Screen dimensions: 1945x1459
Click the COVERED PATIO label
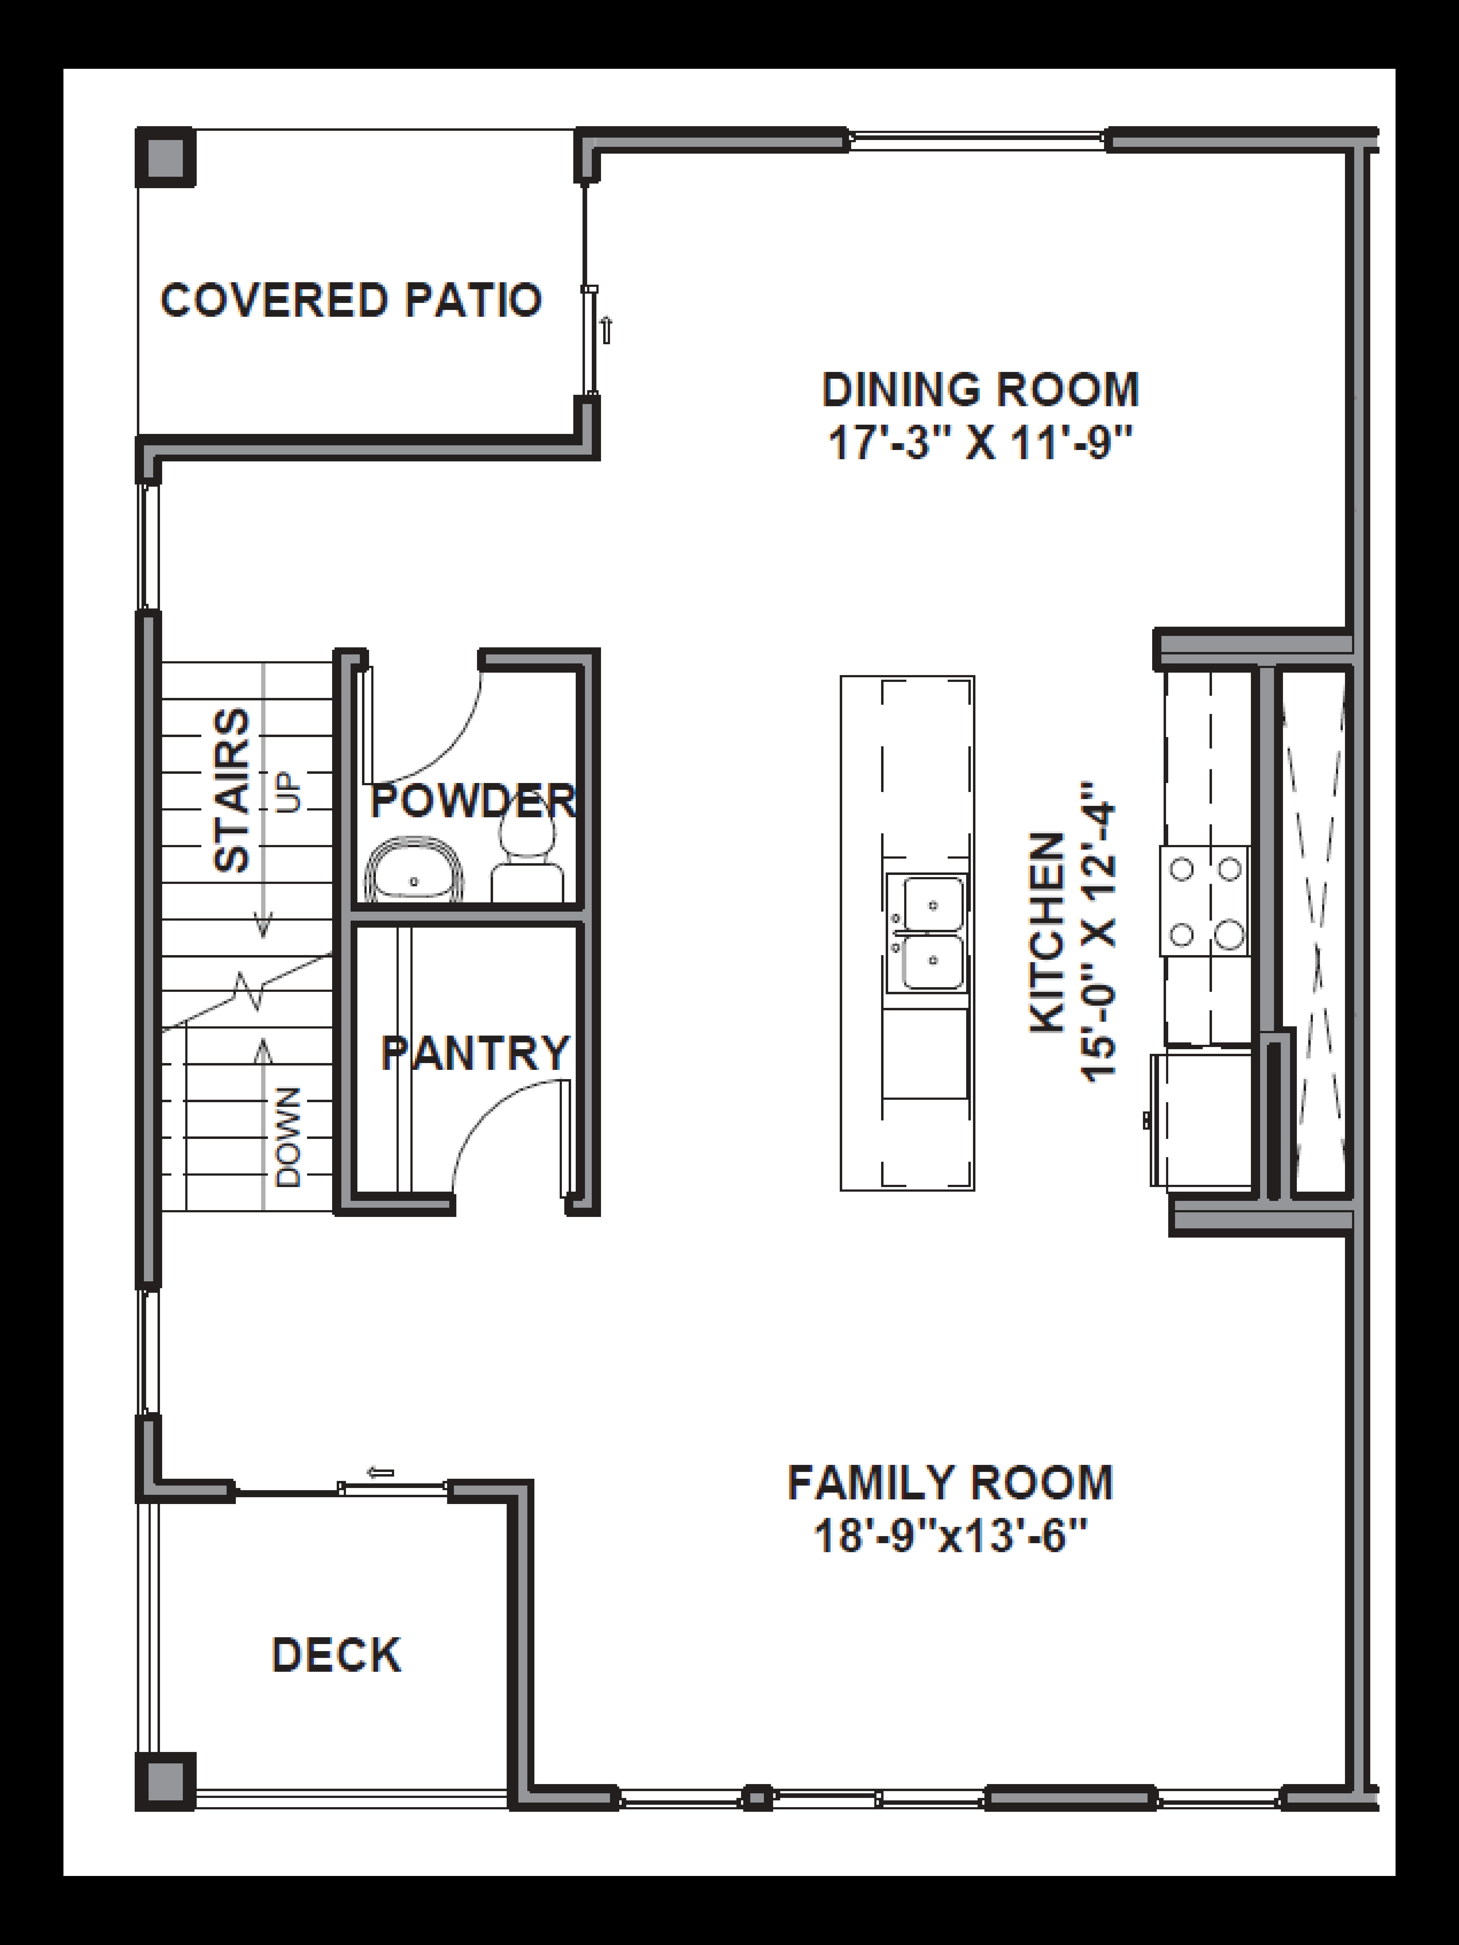point(350,301)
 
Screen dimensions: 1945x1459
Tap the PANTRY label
point(475,1053)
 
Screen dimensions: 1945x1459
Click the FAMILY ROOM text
point(950,1482)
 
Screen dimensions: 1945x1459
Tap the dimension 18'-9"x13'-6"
point(950,1536)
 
